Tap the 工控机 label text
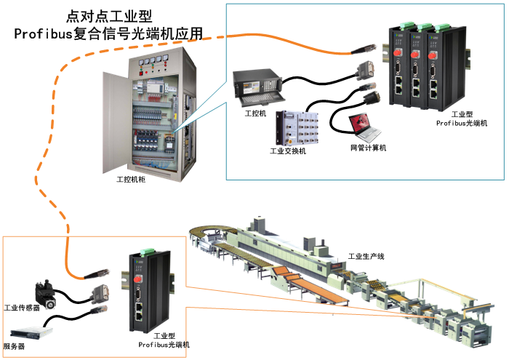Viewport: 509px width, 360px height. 256,114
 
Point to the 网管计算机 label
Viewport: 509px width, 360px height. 368,148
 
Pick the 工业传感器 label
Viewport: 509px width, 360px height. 23,308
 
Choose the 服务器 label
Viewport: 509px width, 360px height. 15,347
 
